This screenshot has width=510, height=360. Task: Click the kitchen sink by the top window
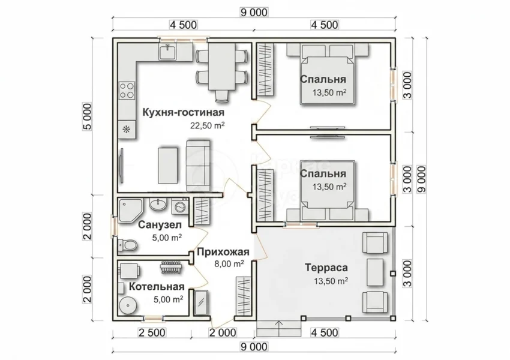click(x=167, y=52)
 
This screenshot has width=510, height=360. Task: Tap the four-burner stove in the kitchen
click(x=127, y=91)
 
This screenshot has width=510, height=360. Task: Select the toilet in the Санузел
click(x=127, y=245)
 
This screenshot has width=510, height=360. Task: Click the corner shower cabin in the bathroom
click(x=130, y=211)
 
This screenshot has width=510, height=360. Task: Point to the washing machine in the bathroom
click(x=179, y=206)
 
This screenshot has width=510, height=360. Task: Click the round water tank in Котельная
click(x=127, y=305)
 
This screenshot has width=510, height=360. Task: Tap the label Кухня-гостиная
click(x=184, y=113)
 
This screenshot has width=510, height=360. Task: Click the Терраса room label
click(x=326, y=268)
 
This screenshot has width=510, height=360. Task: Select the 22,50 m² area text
click(x=208, y=125)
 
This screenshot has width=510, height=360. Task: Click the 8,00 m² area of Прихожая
click(x=229, y=264)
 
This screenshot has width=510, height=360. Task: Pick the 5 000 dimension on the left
click(x=88, y=116)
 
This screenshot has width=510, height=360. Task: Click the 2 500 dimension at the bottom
click(x=152, y=332)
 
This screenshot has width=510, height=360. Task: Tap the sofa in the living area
click(x=198, y=166)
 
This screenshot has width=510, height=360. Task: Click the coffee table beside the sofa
click(x=168, y=166)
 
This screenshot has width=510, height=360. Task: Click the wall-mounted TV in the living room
click(x=122, y=167)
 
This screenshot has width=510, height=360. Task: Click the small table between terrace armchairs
click(x=375, y=272)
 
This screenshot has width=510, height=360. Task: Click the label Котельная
click(x=157, y=287)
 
